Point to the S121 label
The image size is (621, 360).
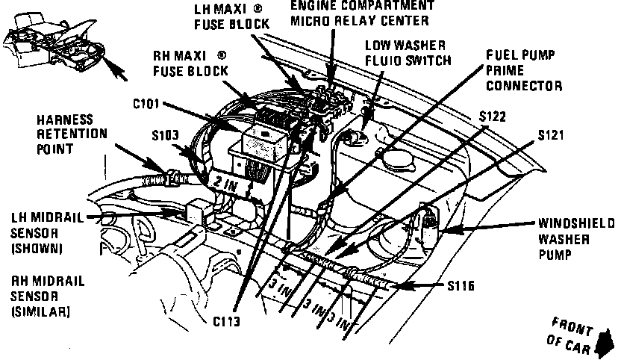point(549,136)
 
